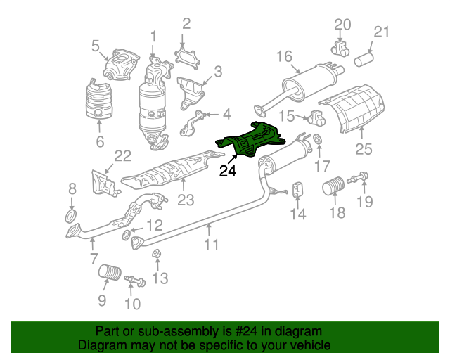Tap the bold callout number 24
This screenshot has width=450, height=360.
(x=228, y=171)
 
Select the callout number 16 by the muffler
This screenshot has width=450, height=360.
(x=284, y=56)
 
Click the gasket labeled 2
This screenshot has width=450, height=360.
(x=187, y=58)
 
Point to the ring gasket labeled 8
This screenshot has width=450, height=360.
(x=71, y=216)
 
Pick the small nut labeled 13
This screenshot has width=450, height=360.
(x=156, y=254)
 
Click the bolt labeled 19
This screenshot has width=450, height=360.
(x=358, y=177)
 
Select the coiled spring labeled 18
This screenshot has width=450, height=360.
(x=333, y=186)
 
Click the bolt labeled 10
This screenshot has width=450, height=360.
(x=135, y=281)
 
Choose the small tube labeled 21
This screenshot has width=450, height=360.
(x=364, y=59)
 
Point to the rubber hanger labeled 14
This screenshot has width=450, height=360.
(x=298, y=190)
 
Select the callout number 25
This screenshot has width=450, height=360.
(x=364, y=149)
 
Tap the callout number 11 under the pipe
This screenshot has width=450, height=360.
(x=211, y=245)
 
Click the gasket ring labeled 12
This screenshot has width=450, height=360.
(x=126, y=235)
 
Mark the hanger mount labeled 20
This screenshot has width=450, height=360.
(x=340, y=49)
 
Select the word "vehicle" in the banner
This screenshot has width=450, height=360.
(x=311, y=345)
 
